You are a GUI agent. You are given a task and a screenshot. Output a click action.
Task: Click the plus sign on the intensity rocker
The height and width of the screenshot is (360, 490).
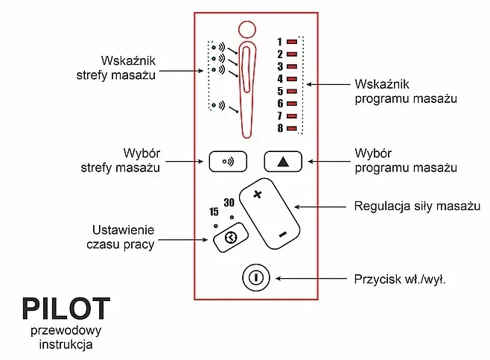tap(258, 195)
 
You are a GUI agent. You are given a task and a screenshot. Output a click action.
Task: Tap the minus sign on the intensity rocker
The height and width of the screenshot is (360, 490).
tap(283, 235)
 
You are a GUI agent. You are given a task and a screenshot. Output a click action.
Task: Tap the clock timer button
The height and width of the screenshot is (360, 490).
tap(229, 237)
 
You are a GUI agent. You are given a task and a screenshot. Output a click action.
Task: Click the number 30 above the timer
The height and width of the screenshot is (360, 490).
tap(229, 203)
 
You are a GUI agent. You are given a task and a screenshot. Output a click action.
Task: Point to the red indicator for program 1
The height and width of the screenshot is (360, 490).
tap(292, 42)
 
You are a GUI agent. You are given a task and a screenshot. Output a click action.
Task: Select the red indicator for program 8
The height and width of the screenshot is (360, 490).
tap(292, 128)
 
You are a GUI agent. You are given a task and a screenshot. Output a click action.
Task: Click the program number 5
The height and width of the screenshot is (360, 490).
tap(280, 91)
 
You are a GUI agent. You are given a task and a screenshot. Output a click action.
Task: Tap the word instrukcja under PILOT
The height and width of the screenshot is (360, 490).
tap(66, 345)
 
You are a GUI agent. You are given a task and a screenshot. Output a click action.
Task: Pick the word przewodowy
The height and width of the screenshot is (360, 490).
tap(66, 330)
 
